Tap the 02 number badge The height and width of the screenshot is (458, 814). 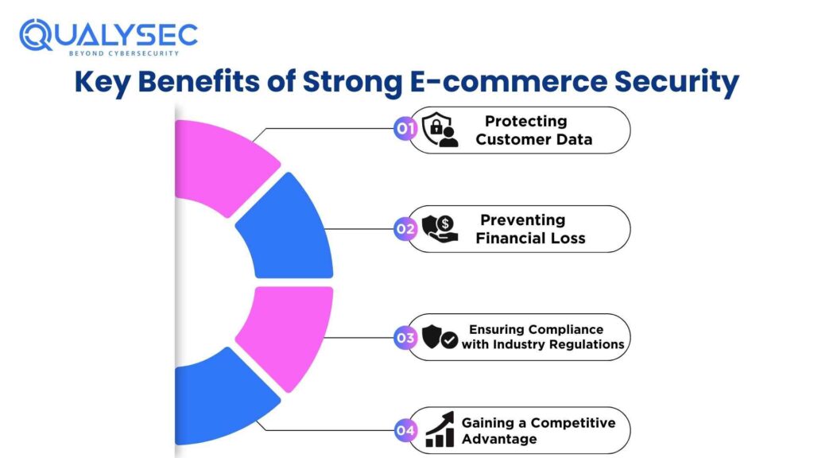point(405,229)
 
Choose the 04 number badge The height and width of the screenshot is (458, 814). point(405,431)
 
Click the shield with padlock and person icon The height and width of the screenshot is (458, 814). point(439,130)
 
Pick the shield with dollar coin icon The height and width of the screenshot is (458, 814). point(439,229)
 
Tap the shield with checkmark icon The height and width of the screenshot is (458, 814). point(439,338)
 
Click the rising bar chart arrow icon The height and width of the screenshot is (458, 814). point(440,430)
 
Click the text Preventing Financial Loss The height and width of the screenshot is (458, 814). point(529,229)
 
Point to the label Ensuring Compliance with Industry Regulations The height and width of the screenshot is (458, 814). point(543,337)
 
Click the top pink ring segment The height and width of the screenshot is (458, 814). point(223,163)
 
